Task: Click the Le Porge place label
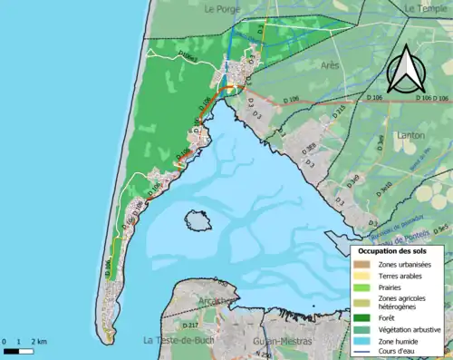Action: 219,9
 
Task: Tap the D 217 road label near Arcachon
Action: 189,325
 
